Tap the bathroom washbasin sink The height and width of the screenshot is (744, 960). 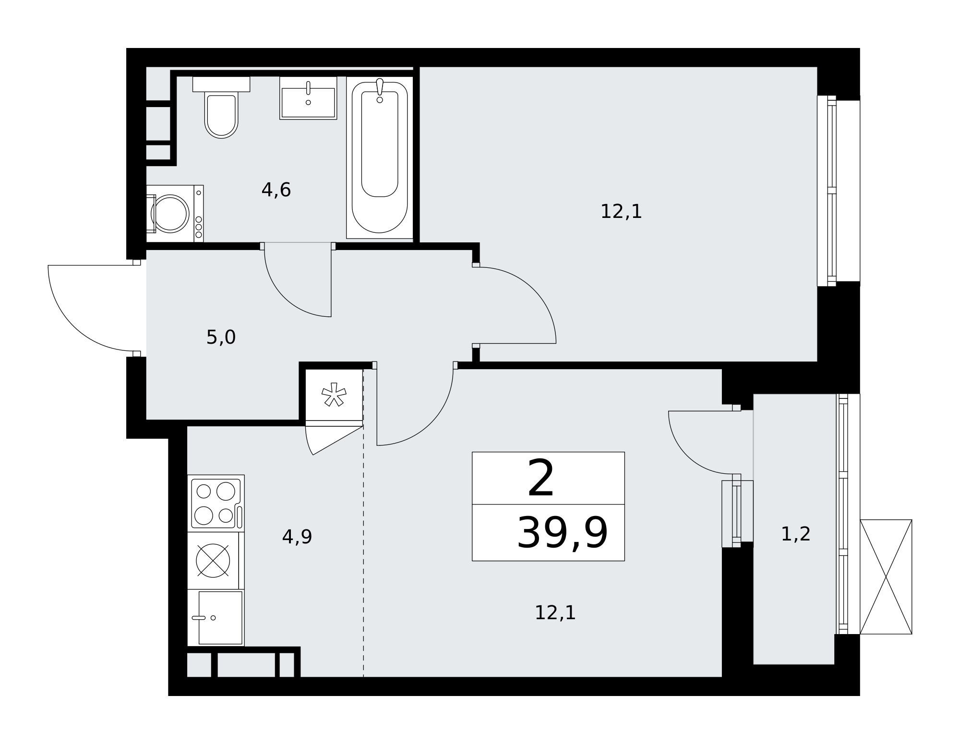click(x=308, y=98)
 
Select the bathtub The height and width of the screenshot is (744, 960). click(x=380, y=157)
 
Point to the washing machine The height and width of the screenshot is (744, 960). click(x=175, y=214)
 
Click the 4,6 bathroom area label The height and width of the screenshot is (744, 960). click(x=276, y=190)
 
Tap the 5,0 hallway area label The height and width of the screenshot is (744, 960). click(x=221, y=337)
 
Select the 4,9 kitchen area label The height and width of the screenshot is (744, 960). click(x=297, y=537)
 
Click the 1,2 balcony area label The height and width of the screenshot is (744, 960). click(x=796, y=534)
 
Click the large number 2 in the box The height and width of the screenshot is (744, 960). click(x=541, y=478)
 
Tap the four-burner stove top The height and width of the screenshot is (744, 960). click(x=216, y=504)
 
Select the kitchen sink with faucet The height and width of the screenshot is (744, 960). click(x=216, y=618)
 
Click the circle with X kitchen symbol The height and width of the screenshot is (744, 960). click(x=213, y=561)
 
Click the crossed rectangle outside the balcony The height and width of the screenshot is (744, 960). click(x=886, y=577)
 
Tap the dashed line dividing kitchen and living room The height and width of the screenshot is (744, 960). click(x=363, y=523)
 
